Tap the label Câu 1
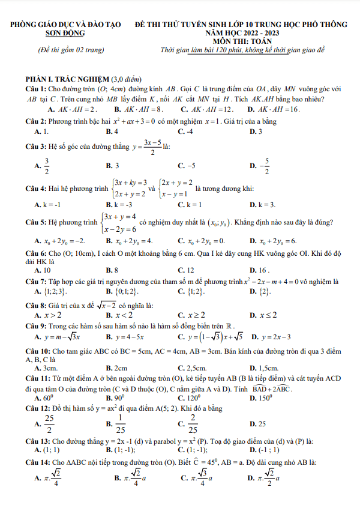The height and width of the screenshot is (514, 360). (35, 89)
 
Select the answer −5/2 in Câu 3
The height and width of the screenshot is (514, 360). (265, 165)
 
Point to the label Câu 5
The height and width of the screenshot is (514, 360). (35, 222)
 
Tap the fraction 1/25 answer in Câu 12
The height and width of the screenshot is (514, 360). (121, 424)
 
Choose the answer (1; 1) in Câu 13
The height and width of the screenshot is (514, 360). (51, 450)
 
